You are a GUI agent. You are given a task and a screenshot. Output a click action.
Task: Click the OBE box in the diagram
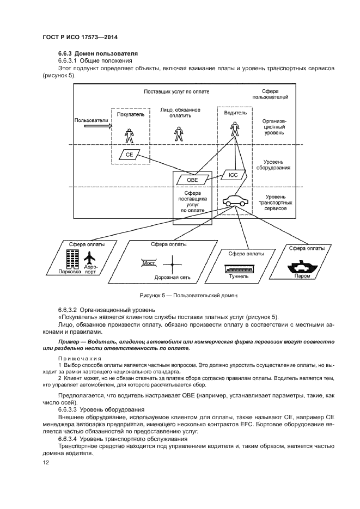click(192, 180)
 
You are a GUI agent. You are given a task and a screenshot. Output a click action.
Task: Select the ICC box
click(233, 175)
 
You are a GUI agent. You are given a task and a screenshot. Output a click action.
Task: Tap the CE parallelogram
click(130, 155)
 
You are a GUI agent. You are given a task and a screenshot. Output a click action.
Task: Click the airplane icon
click(90, 257)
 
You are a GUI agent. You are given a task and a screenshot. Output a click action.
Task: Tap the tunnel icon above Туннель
click(240, 268)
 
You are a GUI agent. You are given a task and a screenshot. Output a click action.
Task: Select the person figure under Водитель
click(235, 128)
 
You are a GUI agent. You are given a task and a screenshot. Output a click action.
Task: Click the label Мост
click(149, 262)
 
